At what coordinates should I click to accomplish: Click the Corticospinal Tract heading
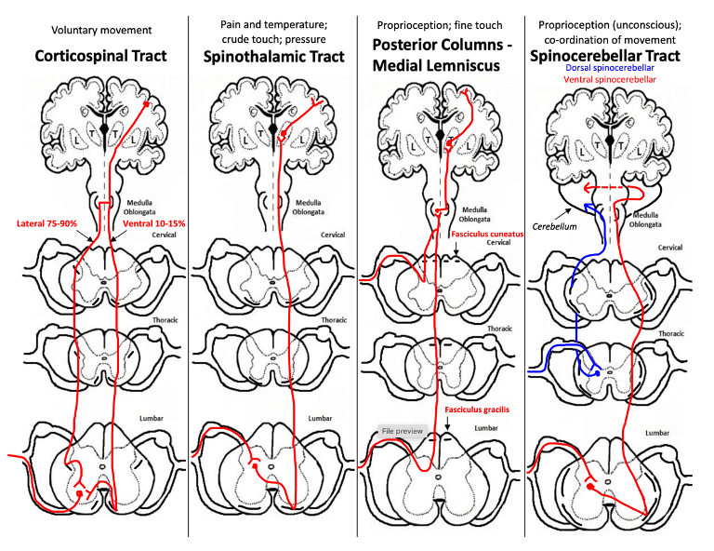(100, 56)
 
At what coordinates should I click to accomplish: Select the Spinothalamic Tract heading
(273, 56)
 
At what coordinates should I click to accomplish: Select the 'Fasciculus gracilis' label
(480, 410)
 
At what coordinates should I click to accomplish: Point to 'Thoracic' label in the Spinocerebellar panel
(672, 332)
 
